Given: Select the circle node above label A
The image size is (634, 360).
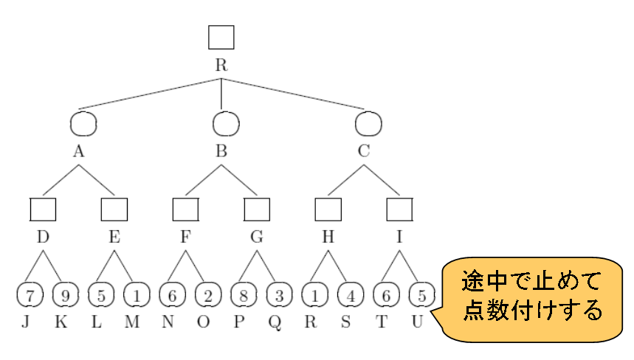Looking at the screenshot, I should point(83,123).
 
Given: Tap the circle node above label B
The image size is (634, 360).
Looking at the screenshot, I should point(221,123).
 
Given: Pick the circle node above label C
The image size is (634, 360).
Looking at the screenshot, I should point(368,123).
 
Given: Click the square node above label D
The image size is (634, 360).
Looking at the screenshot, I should point(44,210).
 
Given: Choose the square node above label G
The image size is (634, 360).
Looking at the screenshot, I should point(257,210).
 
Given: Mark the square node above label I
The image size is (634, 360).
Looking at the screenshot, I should point(399,210).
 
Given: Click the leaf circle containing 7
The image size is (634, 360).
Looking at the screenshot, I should point(29,295).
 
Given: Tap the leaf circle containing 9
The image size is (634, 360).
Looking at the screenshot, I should point(65,295).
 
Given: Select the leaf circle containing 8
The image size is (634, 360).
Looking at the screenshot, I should point(244,295).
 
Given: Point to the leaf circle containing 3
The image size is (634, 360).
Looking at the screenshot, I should point(280,295).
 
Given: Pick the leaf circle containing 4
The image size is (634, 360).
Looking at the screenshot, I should point(351,295).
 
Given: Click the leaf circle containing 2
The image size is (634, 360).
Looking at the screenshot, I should point(208,295).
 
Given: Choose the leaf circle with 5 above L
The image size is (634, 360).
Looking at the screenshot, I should point(100,295).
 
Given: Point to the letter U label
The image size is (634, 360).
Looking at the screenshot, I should point(418,322).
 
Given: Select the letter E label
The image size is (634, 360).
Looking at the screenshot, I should point(114,237).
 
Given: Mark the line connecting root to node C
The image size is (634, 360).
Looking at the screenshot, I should point(295,94).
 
